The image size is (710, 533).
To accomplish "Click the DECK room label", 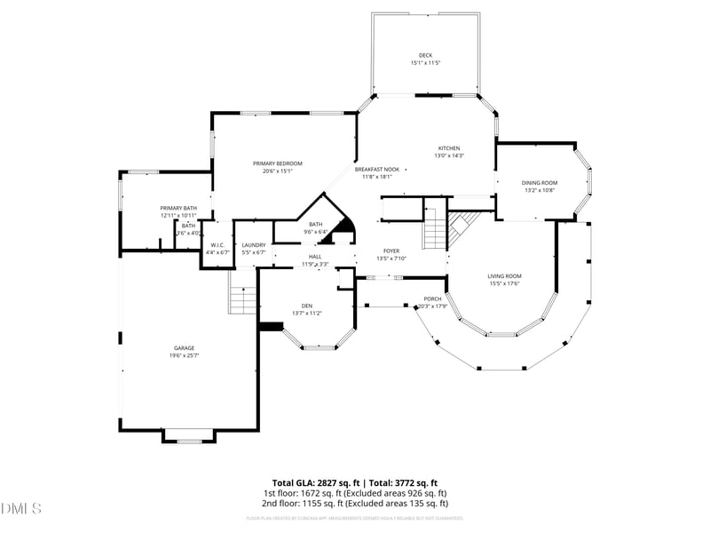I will point(425,55).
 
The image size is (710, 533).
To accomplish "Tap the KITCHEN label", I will point(448,148).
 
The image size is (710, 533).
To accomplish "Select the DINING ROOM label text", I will point(539,182).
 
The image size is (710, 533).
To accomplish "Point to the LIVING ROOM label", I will point(504,276).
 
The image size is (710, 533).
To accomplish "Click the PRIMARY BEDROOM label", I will point(277,163).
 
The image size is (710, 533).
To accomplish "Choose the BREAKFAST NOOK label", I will point(377,169).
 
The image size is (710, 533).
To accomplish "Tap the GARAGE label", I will point(184,347).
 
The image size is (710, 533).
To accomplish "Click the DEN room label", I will point(306,306).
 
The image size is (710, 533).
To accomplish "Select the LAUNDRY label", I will point(254,245).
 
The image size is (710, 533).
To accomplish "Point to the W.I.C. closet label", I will point(216,245).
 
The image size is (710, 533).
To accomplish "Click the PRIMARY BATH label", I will point(178,208).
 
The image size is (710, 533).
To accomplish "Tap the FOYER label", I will point(390,251).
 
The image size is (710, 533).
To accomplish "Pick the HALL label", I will point(314,256).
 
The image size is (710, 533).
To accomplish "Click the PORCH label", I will point(432,298).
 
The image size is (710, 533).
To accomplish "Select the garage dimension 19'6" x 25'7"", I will point(184,355).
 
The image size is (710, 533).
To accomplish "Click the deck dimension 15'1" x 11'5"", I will point(425,63).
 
